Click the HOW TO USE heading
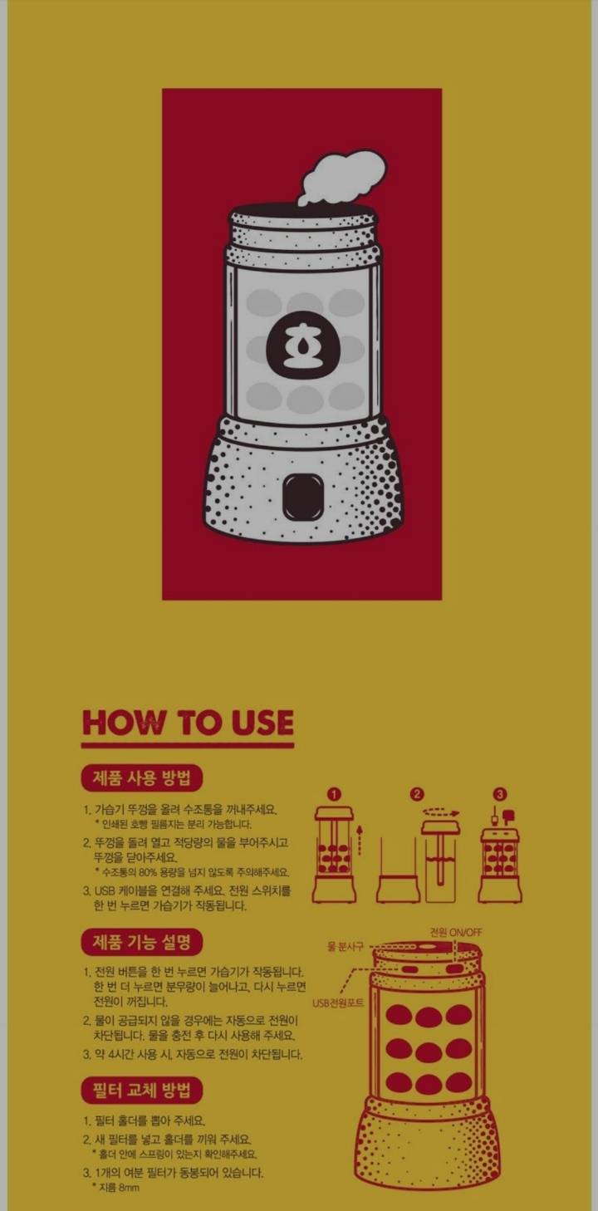pos(188,723)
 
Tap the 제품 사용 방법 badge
pos(141,778)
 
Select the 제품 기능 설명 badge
pos(141,943)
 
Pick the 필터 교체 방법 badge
pos(141,1091)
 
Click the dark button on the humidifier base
pos(302,495)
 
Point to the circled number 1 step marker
pos(334,794)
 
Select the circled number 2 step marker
pos(417,794)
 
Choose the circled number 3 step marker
pos(499,794)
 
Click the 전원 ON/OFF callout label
pos(455,932)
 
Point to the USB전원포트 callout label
pos(338,1003)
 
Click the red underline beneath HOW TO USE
pos(188,744)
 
